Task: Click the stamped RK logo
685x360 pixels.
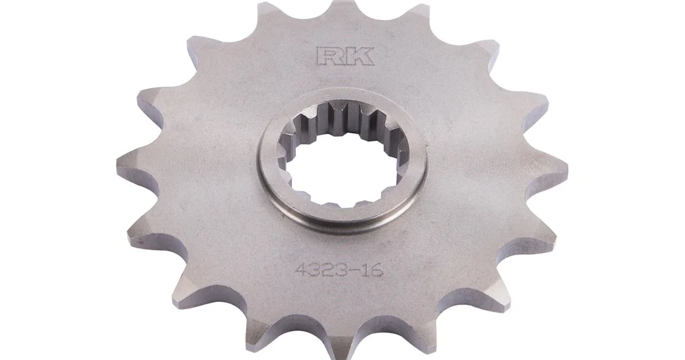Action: point(344,56)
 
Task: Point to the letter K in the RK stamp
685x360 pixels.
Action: point(360,56)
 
